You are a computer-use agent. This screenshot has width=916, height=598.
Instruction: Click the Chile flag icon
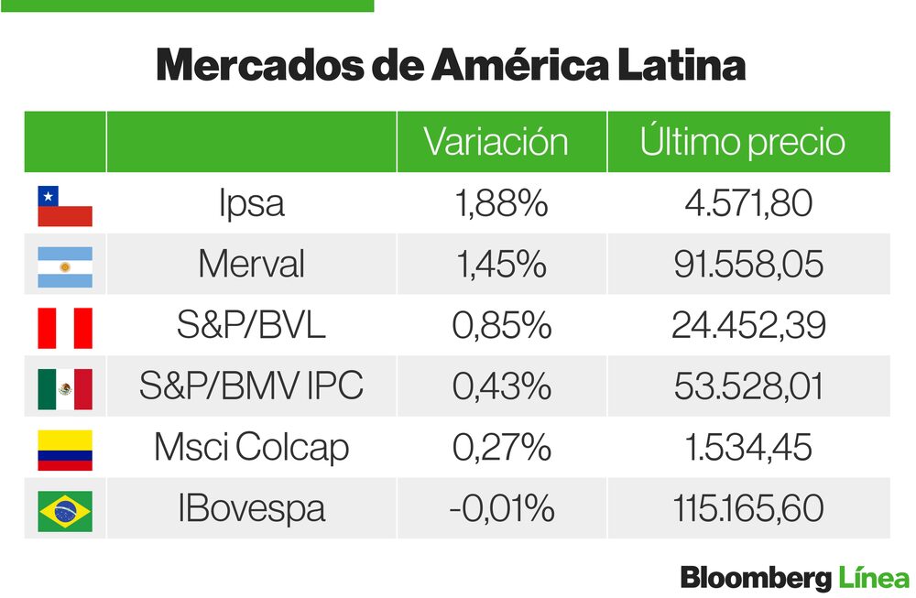64,206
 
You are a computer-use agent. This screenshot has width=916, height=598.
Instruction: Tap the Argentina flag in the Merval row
64,266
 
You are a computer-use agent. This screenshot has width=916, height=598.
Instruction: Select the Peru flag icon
64,328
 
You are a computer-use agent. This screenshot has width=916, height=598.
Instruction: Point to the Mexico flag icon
64,389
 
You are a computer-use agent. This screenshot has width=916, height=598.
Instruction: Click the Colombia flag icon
64,450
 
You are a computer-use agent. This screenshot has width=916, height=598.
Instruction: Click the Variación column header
496,142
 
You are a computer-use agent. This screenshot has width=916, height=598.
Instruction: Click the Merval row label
251,265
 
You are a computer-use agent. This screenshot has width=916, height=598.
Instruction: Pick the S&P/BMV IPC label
251,386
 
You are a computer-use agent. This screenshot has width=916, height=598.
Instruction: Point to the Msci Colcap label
251,448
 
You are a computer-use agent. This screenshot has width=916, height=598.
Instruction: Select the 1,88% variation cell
501,203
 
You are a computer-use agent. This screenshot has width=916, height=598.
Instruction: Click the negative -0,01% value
501,508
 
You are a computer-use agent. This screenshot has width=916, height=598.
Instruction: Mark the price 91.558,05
748,265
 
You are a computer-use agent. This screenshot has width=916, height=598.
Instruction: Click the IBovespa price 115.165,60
748,508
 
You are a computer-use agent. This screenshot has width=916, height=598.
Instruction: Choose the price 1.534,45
748,448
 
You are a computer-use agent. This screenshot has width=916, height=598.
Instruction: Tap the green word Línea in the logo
874,579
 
